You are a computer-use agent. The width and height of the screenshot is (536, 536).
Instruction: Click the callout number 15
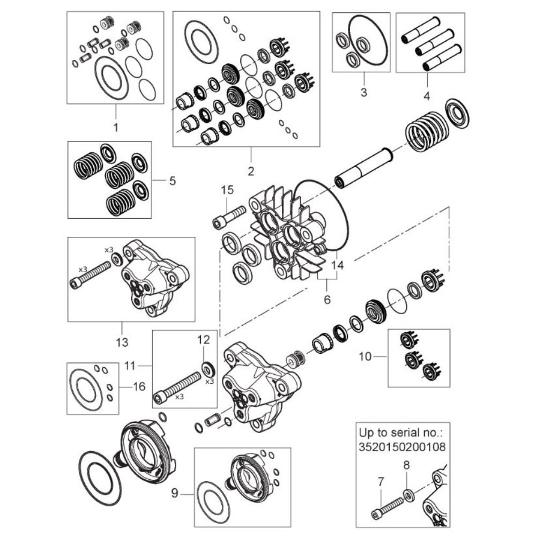[x=227, y=190]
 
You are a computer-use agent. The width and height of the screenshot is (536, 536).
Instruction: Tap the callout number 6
[x=327, y=300]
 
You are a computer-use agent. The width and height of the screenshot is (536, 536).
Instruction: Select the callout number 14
[x=337, y=265]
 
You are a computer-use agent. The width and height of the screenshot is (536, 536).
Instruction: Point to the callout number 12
[x=203, y=339]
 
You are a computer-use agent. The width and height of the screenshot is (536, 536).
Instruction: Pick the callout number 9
[x=175, y=493]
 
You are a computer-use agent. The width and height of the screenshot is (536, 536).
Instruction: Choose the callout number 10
[x=365, y=356]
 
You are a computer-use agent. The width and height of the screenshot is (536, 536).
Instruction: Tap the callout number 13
[x=122, y=342]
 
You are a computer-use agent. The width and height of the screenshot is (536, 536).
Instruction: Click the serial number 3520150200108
[x=403, y=446]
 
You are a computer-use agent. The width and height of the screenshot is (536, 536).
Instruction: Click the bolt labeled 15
[x=229, y=217]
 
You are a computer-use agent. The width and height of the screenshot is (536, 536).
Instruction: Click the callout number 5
[x=173, y=181]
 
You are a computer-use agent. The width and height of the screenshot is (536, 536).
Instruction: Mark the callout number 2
[x=251, y=171]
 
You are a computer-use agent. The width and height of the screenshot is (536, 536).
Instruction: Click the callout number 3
[x=364, y=92]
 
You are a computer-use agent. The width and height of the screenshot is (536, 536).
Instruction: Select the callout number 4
[x=427, y=96]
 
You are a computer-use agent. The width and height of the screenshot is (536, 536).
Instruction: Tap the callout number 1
[x=116, y=127]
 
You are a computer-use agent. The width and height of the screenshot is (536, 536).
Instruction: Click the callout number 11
[x=130, y=366]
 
